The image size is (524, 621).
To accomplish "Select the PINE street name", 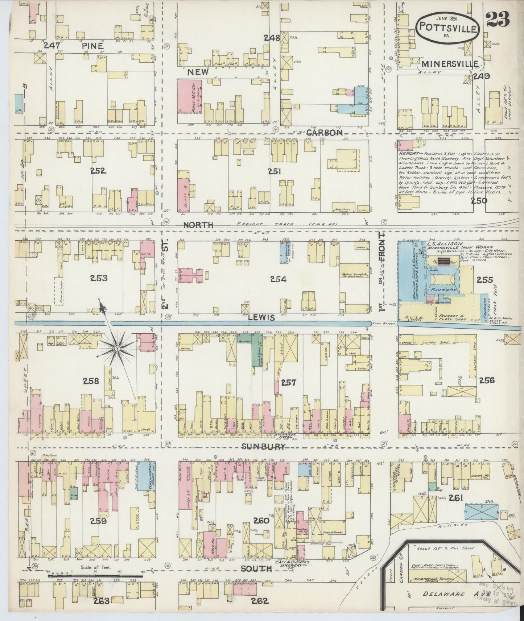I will [92, 46].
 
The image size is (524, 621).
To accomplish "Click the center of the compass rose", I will [117, 349].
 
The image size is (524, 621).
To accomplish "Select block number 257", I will [288, 382].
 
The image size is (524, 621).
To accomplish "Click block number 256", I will [486, 380].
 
